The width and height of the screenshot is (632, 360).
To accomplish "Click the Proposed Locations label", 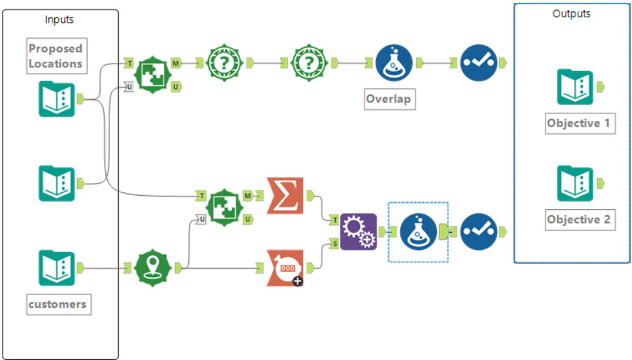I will (x=56, y=56).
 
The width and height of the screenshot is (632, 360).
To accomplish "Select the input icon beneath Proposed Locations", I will (x=56, y=99).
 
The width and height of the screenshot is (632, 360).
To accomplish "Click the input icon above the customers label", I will (x=56, y=267).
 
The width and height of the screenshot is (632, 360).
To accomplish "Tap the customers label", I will (x=58, y=304).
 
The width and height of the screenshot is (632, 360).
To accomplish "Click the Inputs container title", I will (x=60, y=19).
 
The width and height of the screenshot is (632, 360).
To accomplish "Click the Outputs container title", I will (x=572, y=13).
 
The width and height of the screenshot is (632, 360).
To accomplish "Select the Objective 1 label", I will (x=579, y=123).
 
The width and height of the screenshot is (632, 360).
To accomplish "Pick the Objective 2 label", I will (x=579, y=220).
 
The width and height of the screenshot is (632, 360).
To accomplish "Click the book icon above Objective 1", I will (x=575, y=87).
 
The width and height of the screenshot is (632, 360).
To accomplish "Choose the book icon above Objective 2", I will (x=575, y=183).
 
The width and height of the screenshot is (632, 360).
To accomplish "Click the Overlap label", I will (x=388, y=100).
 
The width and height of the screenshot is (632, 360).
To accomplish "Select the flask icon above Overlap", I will (x=393, y=63).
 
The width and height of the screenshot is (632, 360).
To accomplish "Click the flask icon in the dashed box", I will (x=418, y=231).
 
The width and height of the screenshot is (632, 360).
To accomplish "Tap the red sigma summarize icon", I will (x=285, y=196).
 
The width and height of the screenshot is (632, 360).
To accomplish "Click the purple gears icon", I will (x=358, y=231).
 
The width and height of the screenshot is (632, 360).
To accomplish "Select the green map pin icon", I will (x=153, y=267).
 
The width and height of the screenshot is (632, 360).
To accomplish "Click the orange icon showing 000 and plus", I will (x=285, y=267).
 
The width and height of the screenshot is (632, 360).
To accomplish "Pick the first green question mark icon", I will (x=224, y=63).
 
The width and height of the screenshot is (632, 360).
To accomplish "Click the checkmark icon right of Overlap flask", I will (x=479, y=63).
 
